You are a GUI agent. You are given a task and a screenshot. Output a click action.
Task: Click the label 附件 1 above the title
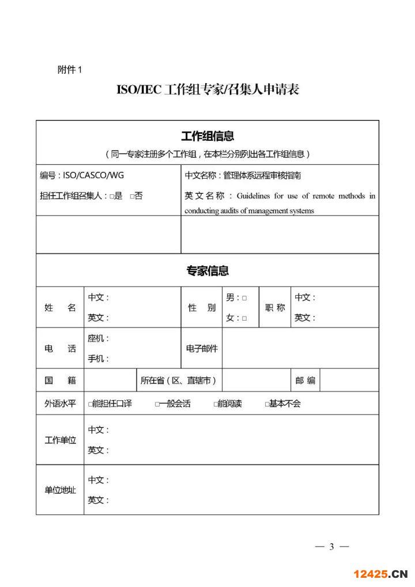click(x=70, y=70)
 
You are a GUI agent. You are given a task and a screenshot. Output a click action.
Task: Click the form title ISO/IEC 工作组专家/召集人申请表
click(x=207, y=90)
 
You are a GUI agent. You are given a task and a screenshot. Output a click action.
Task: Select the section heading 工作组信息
click(x=207, y=136)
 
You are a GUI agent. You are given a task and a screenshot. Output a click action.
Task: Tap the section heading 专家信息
click(x=207, y=270)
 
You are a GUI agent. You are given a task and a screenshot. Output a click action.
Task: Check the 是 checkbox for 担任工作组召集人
click(x=112, y=196)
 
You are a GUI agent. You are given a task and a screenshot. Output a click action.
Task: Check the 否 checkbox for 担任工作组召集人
click(x=132, y=196)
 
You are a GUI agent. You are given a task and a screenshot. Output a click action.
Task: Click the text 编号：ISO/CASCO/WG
click(x=82, y=175)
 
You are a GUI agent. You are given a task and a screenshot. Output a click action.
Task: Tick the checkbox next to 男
click(x=244, y=298)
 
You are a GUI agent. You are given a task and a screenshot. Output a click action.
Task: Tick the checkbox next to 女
click(x=244, y=318)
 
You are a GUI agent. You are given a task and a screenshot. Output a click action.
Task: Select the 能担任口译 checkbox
click(x=90, y=404)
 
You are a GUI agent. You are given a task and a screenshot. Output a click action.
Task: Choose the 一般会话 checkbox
click(x=157, y=404)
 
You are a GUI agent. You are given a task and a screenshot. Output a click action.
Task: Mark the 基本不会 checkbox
click(x=267, y=404)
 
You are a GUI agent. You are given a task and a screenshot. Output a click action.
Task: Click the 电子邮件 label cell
click(x=202, y=348)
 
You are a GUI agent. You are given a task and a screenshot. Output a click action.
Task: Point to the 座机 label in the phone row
click(x=98, y=338)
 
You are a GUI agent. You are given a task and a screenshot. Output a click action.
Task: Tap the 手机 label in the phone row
click(x=98, y=359)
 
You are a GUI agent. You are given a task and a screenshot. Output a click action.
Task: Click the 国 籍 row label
click(x=60, y=381)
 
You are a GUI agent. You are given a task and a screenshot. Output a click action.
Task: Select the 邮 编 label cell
click(x=305, y=381)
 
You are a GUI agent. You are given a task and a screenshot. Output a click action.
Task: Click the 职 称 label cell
click(x=275, y=308)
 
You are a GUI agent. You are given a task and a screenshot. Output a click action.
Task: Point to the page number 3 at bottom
click(x=331, y=547)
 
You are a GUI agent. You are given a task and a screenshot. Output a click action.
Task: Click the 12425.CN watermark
click(x=380, y=574)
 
